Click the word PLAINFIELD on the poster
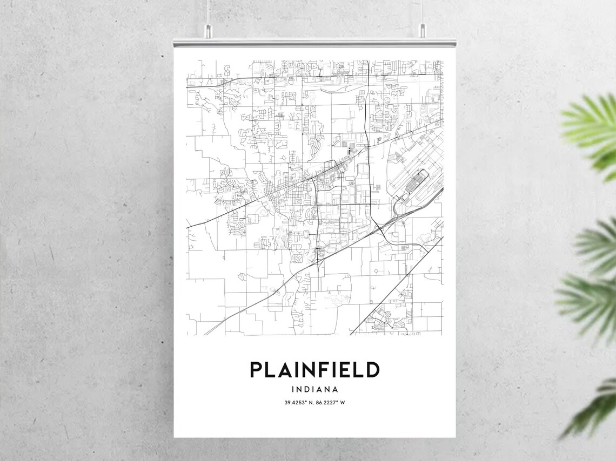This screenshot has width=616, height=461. point(314,370)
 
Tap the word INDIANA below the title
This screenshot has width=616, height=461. point(314,389)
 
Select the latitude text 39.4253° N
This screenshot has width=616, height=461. point(298,403)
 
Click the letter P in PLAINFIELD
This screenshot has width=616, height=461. point(256,370)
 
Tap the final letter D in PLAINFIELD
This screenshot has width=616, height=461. point(372,370)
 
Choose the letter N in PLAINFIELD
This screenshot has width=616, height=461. point(306,370)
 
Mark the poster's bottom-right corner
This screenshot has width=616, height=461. point(454,437)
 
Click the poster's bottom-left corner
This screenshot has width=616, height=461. point(175,437)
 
